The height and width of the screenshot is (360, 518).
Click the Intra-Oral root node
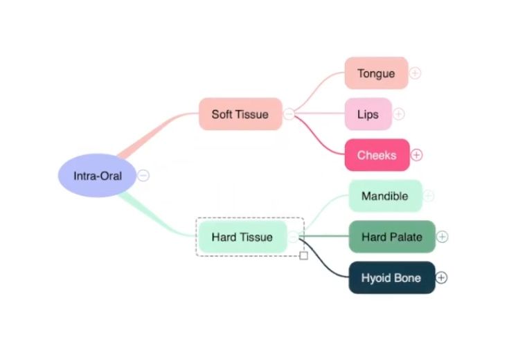click(x=98, y=176)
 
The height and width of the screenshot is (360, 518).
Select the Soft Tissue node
click(x=240, y=114)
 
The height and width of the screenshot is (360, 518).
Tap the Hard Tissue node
click(x=242, y=237)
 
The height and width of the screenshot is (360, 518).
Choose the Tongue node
click(x=376, y=73)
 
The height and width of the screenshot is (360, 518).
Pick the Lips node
click(x=368, y=114)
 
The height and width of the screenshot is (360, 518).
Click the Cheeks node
click(x=377, y=155)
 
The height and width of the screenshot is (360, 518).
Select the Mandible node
click(x=384, y=196)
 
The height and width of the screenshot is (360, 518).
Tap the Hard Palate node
click(x=391, y=237)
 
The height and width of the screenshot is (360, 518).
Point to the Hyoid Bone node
click(x=391, y=278)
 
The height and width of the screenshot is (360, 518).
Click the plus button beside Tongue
click(x=415, y=73)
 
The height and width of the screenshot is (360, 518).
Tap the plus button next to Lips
click(x=399, y=114)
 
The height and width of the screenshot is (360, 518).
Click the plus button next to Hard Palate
click(x=442, y=237)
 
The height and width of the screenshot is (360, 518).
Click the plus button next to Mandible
click(x=428, y=196)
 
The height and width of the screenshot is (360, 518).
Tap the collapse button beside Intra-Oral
click(x=143, y=176)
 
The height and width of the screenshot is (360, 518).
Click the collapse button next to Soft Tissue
click(x=289, y=114)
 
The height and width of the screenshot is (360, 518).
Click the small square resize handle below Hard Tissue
click(x=303, y=255)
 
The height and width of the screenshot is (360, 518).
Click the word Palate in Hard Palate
click(x=406, y=237)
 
